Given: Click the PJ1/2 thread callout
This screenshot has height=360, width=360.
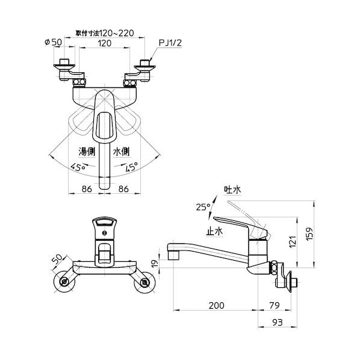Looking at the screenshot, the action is point(170,43).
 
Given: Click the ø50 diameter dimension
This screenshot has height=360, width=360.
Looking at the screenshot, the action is point(53,42).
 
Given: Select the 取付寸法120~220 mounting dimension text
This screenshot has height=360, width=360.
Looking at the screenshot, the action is point(105,33).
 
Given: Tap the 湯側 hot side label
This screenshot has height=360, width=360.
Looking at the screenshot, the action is point(87,152).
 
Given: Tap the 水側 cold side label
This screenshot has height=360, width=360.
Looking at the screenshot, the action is point(121,152).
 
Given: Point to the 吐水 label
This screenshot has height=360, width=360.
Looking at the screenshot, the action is point(232,190).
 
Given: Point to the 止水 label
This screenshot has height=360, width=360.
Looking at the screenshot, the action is point(215,231).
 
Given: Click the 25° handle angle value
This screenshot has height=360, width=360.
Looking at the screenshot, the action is point(203,207).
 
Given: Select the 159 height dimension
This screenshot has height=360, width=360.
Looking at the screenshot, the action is point(309,234).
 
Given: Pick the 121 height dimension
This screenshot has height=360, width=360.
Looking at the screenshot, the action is point(293,242).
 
